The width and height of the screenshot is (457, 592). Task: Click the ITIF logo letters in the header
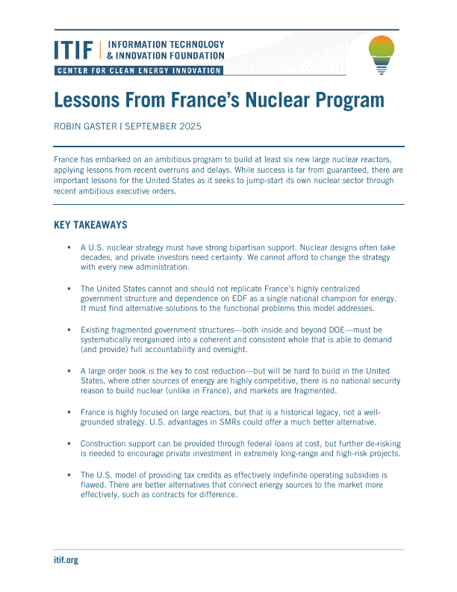74,50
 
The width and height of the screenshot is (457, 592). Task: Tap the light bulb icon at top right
382,55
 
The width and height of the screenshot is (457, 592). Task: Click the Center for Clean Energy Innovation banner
139,70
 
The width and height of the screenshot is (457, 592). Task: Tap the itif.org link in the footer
66,560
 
